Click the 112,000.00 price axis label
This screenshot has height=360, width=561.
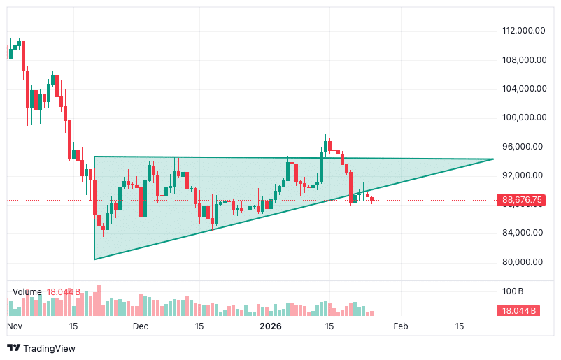pos(523,31)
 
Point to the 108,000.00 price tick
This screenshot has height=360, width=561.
pos(523,59)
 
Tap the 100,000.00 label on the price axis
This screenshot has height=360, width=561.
pos(523,117)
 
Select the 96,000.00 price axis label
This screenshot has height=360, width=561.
pos(523,147)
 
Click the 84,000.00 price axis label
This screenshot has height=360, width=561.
pos(523,233)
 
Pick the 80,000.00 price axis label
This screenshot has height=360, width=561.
pos(523,262)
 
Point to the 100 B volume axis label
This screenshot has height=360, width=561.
pos(513,291)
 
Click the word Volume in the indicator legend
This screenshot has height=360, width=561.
pos(27,291)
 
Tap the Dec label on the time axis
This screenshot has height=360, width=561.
pos(141,326)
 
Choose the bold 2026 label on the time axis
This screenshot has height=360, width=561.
pos(270,326)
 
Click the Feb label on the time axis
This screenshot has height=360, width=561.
pos(400,326)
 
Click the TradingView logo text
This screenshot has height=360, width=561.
pos(49,348)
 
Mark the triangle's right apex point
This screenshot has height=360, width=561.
pos(494,159)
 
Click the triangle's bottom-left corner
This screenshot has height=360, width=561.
pos(94,259)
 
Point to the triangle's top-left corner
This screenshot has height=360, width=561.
pos(94,157)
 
